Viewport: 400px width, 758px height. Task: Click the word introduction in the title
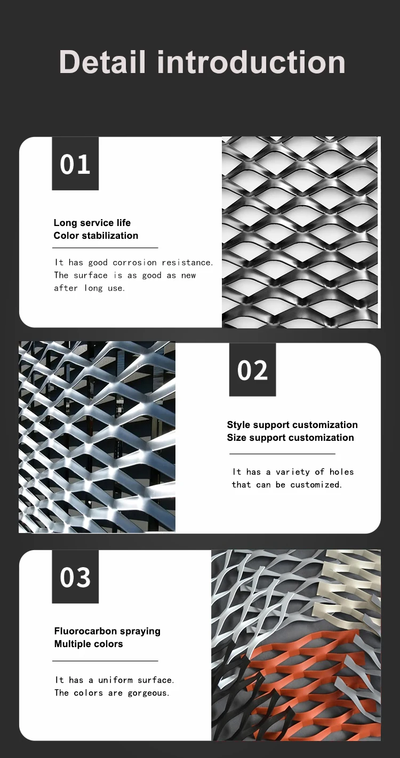pos(251,62)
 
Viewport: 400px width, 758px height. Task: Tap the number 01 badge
pos(75,164)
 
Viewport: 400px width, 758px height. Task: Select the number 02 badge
pos(252,370)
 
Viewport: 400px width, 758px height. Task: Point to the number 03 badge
pos(75,577)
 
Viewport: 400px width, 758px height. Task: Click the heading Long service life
pos(92,223)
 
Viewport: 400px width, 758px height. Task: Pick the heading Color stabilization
pos(95,236)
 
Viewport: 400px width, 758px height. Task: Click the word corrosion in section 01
pos(135,263)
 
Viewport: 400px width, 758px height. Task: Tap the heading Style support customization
pos(292,425)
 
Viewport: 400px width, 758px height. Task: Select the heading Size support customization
pos(290,438)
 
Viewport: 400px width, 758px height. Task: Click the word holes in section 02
pos(341,472)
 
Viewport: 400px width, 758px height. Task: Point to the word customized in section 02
pos(316,485)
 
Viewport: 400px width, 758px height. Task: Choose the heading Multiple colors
pos(89,644)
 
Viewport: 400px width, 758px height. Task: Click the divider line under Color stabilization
pos(106,248)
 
